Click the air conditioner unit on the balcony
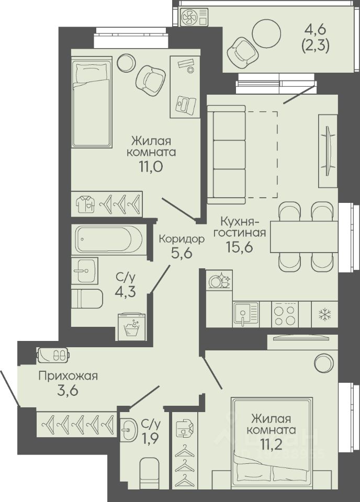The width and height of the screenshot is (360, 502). pyautogui.click(x=195, y=17)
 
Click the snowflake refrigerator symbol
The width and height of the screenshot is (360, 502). pyautogui.click(x=324, y=315)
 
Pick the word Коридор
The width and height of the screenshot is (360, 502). pyautogui.click(x=182, y=239)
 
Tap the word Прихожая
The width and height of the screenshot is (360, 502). pyautogui.click(x=68, y=375)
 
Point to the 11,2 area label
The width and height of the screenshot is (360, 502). pyautogui.click(x=273, y=443)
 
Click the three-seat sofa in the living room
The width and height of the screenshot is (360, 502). pyautogui.click(x=227, y=154)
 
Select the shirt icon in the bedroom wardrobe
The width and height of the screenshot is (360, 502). pyautogui.click(x=86, y=203)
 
